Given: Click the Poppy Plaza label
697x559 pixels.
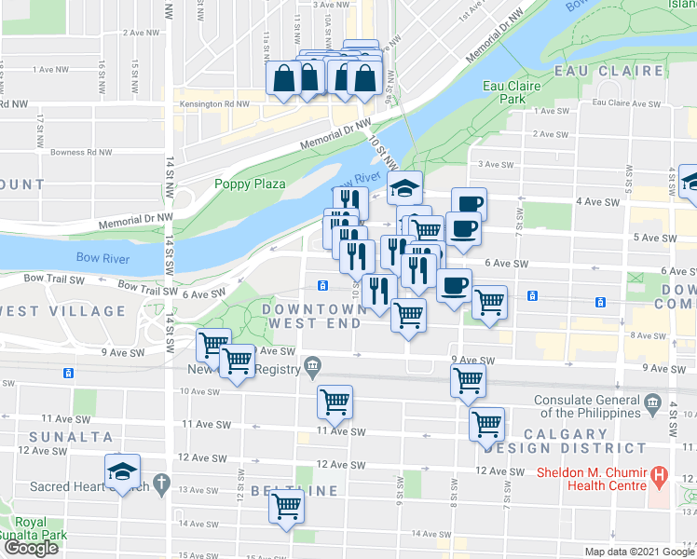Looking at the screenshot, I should tap(249, 184).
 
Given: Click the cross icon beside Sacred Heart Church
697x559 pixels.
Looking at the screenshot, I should tap(161, 484).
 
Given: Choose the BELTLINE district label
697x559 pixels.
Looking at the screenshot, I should tap(286, 490).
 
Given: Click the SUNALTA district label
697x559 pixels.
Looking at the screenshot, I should tap(70, 436).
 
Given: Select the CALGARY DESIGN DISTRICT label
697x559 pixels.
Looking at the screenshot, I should tap(579, 441).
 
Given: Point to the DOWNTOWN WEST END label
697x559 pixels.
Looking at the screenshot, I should tap(313, 316).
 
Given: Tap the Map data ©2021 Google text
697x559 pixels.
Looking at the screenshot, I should tap(639, 552).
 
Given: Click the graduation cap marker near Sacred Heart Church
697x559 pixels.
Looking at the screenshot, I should tap(122, 470).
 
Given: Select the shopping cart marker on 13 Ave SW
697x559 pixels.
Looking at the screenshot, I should tap(287, 508).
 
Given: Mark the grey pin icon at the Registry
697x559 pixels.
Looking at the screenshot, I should tap(312, 365).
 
